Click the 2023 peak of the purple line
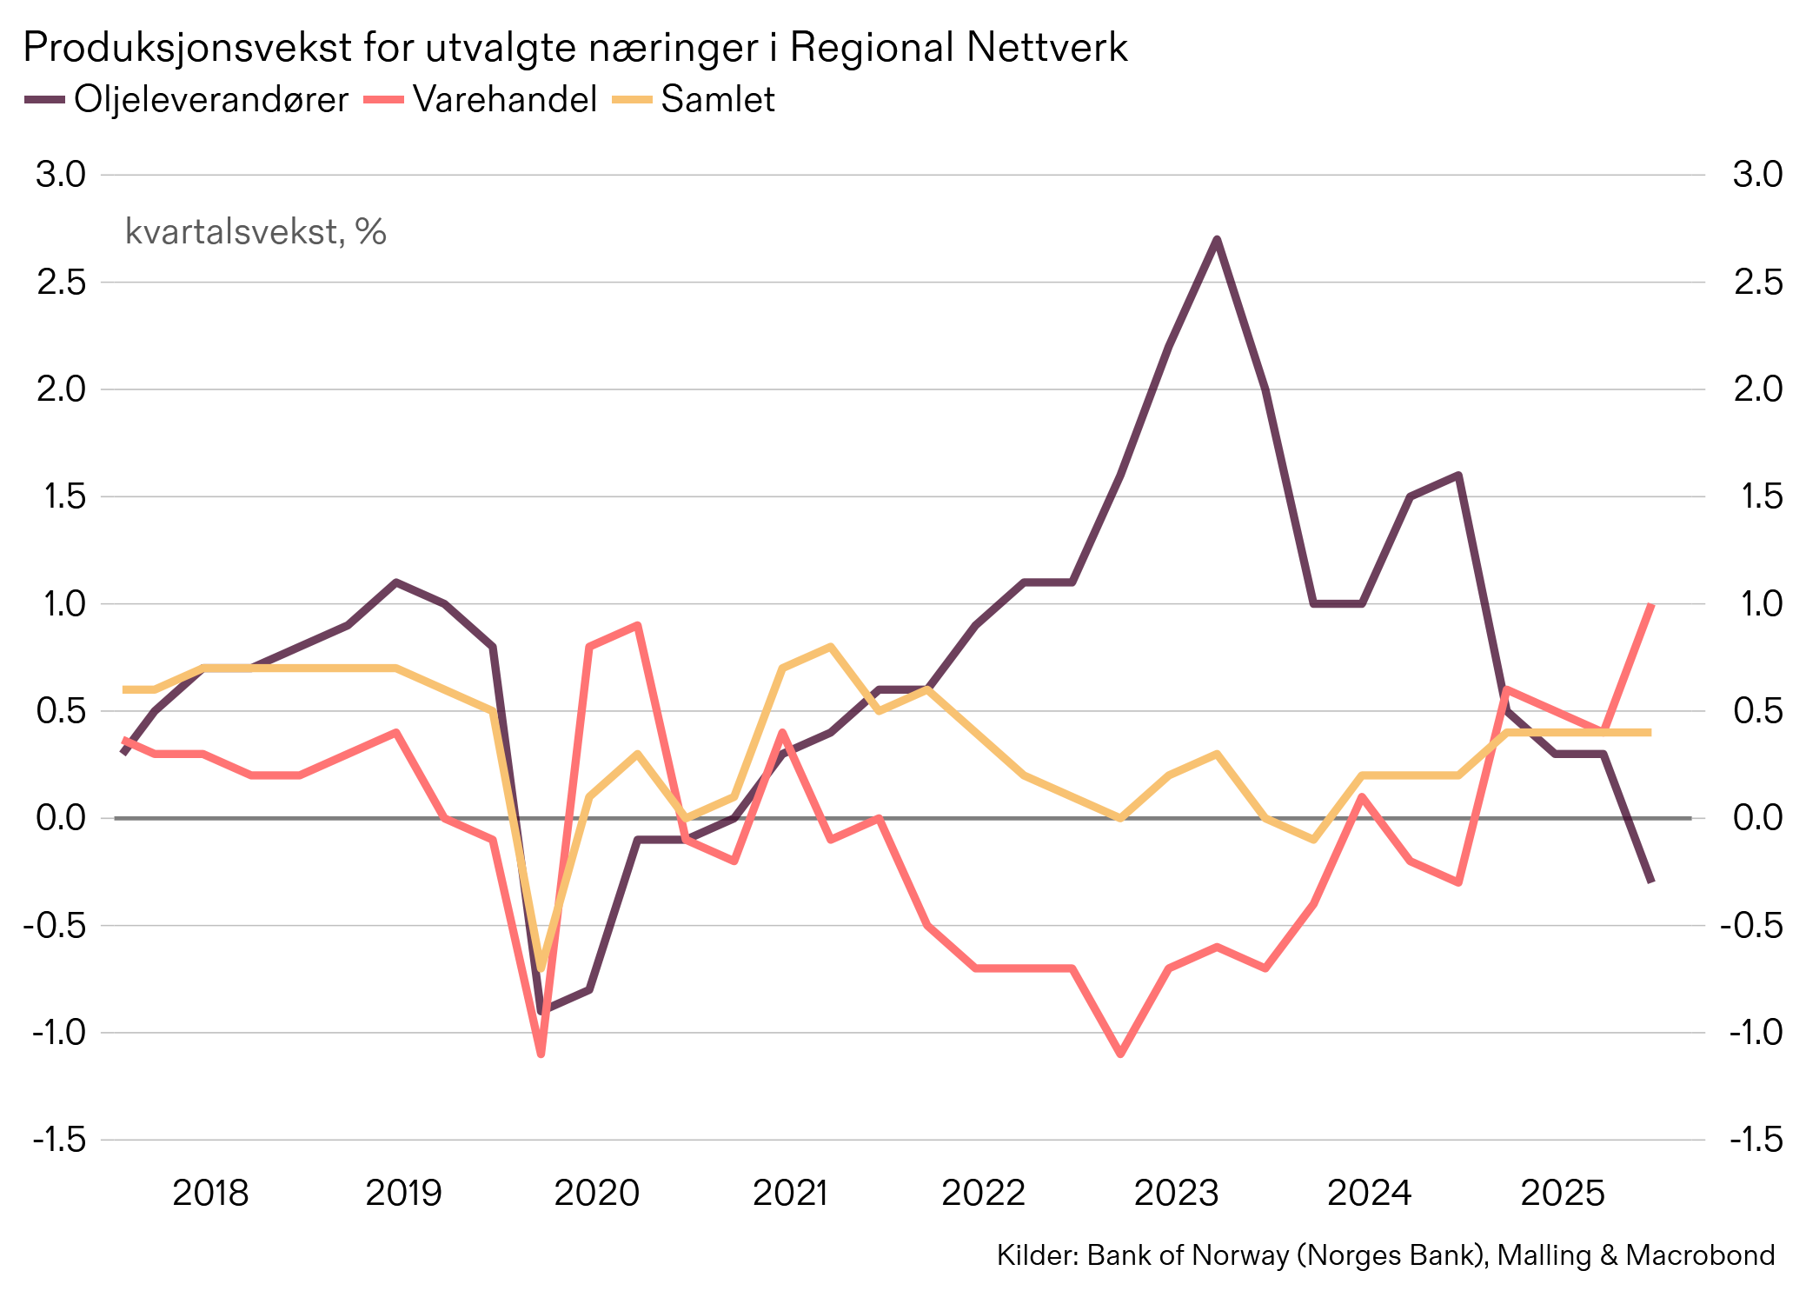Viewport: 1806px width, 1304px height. [x=1217, y=239]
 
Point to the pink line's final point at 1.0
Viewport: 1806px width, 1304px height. [x=1650, y=605]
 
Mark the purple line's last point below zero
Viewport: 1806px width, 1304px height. [x=1650, y=881]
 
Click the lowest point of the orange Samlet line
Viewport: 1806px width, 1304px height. [x=541, y=968]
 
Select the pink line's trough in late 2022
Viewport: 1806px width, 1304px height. [x=1120, y=1054]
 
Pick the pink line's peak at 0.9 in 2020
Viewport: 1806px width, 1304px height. [x=637, y=625]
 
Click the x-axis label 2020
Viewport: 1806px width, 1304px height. [x=596, y=1193]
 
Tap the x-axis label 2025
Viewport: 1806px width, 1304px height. [x=1562, y=1193]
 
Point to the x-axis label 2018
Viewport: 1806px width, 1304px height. [x=210, y=1193]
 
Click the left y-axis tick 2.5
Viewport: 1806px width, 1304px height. [x=61, y=283]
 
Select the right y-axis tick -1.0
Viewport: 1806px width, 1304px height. [x=1756, y=1033]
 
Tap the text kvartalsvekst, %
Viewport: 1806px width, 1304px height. [x=256, y=232]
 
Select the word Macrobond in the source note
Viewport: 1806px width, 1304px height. [x=1700, y=1255]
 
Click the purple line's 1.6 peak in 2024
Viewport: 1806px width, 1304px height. [x=1458, y=476]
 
